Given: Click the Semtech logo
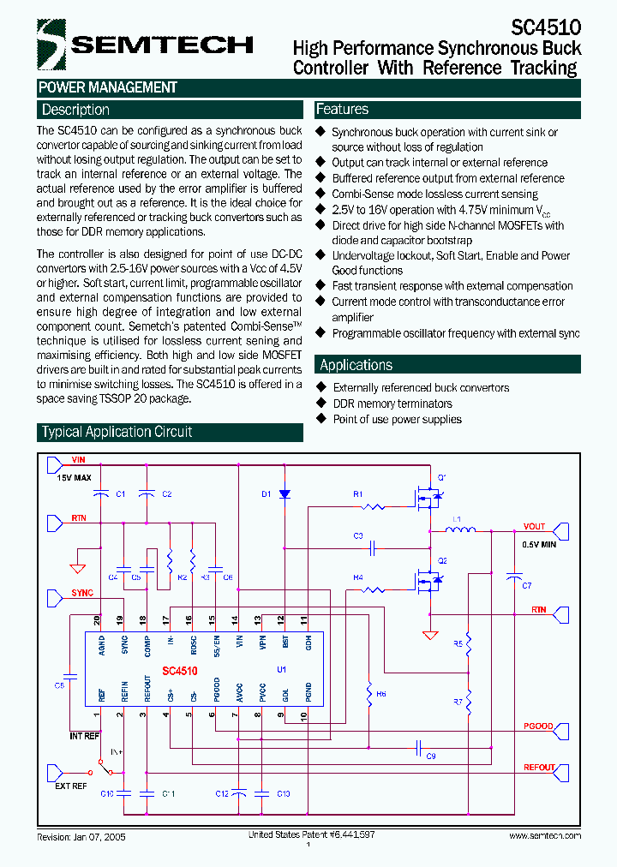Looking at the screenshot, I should pyautogui.click(x=146, y=43).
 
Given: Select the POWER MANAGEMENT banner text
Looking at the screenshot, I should pyautogui.click(x=108, y=87).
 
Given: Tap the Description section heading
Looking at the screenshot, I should pyautogui.click(x=75, y=110).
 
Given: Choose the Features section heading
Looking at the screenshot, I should pyautogui.click(x=342, y=109).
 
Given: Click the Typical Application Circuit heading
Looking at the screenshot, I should pyautogui.click(x=117, y=432).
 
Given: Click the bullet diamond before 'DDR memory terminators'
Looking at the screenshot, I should pyautogui.click(x=321, y=404).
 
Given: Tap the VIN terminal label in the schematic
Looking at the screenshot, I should pyautogui.click(x=79, y=460).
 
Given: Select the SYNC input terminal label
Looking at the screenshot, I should pyautogui.click(x=82, y=593).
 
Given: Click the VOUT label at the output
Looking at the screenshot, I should pyautogui.click(x=535, y=527).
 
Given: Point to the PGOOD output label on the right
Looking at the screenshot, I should pyautogui.click(x=538, y=726).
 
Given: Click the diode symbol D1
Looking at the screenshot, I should pyautogui.click(x=285, y=494).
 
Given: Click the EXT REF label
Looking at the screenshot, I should pyautogui.click(x=71, y=785).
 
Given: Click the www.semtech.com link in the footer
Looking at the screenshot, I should pyautogui.click(x=545, y=835).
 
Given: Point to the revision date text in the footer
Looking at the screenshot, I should pyautogui.click(x=81, y=836).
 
